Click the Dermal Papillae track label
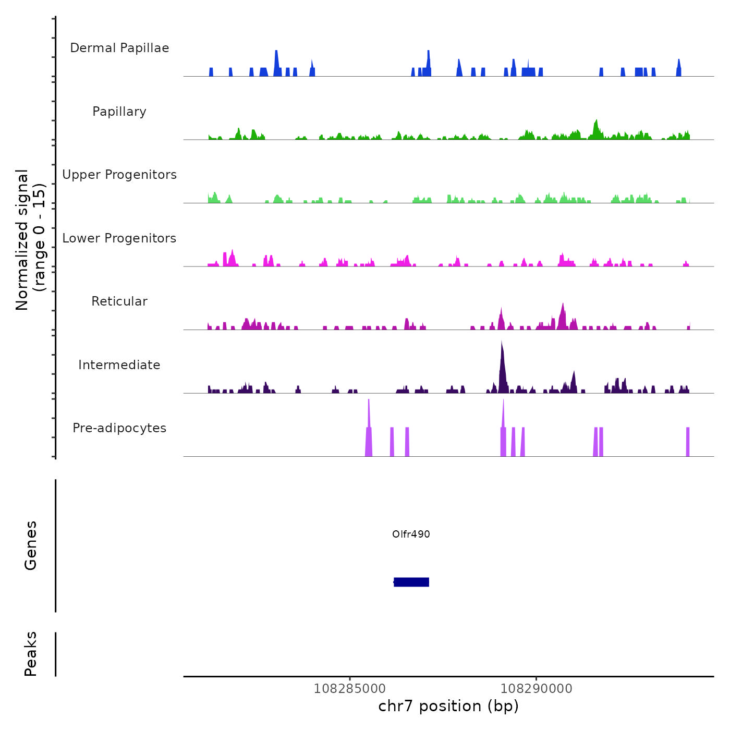119,48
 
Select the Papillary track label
119,112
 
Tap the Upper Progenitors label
119,175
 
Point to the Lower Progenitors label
119,238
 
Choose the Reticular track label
119,301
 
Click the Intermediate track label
119,365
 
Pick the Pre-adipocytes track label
119,428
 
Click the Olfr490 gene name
411,534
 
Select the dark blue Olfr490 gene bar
411,582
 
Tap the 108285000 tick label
349,688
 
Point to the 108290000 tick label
536,688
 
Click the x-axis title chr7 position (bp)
448,706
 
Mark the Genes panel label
31,545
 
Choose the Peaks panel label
31,654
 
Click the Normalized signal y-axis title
31,239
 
